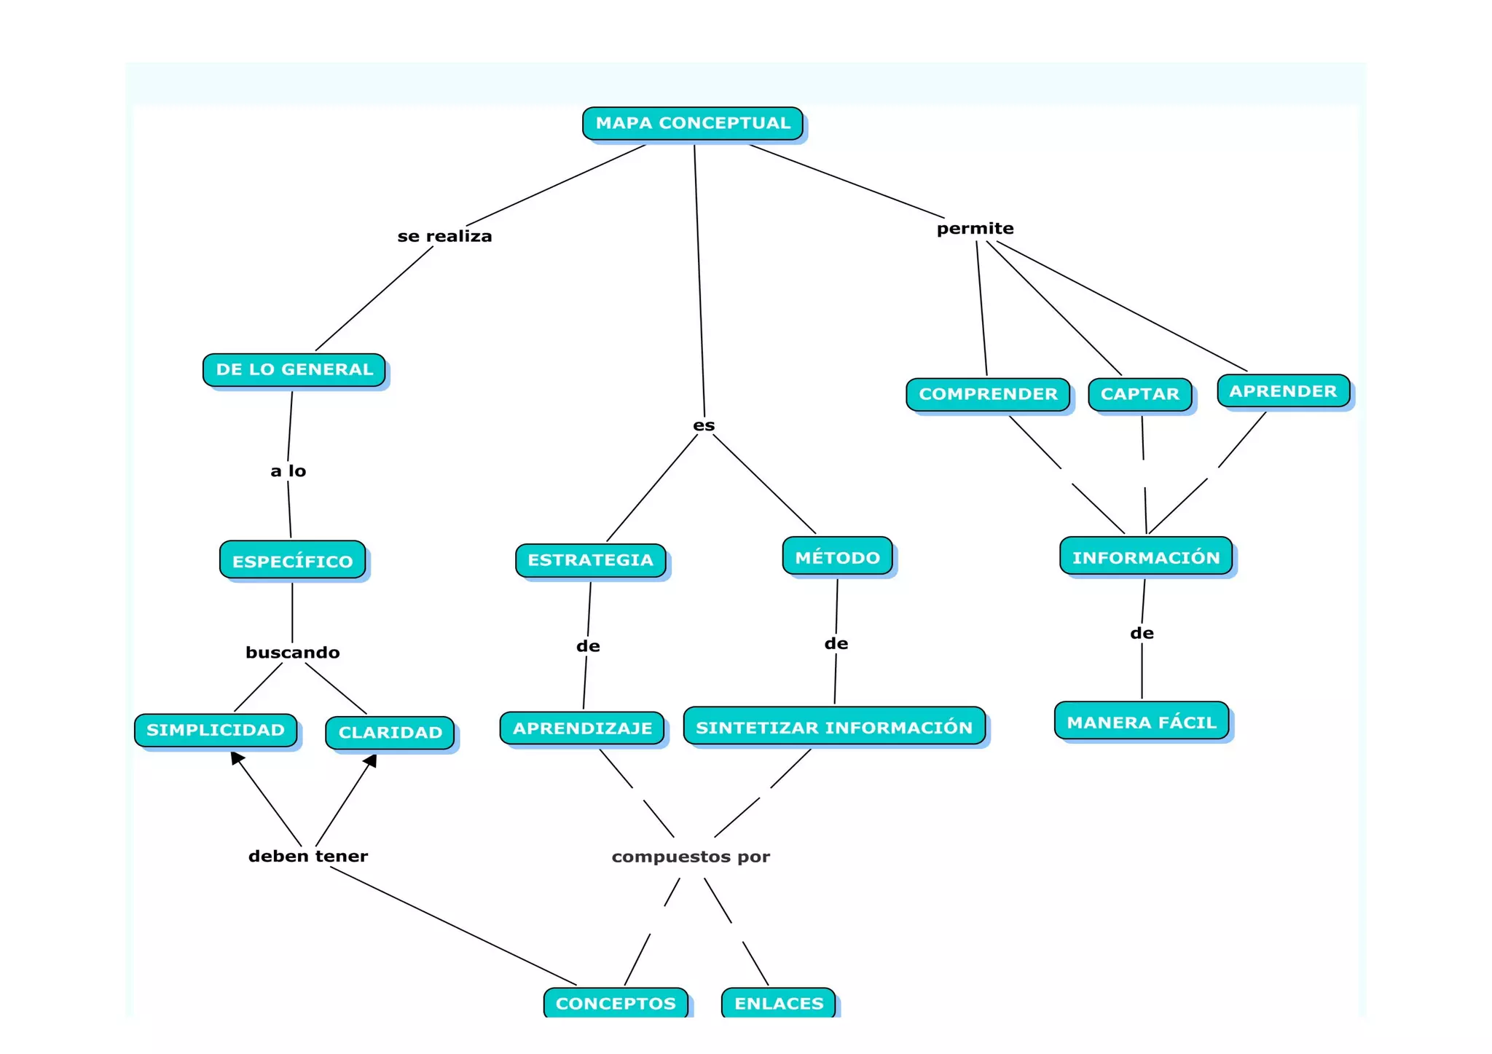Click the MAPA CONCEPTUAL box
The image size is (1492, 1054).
click(x=692, y=123)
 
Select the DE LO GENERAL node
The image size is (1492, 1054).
click(x=294, y=369)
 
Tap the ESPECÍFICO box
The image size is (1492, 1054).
click(x=292, y=560)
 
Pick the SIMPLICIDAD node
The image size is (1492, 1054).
click(x=216, y=730)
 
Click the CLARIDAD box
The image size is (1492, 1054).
click(x=390, y=732)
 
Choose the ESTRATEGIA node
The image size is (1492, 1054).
click(x=590, y=560)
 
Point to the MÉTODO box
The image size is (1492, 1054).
click(x=837, y=557)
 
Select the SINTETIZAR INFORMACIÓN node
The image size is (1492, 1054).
click(x=834, y=726)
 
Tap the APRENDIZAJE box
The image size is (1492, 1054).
click(x=582, y=728)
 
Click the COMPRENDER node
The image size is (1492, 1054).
click(x=988, y=394)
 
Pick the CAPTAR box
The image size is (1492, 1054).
click(x=1139, y=394)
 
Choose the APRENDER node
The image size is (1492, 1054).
click(x=1283, y=391)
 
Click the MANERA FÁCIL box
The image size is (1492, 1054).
click(x=1141, y=721)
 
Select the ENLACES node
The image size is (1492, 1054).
click(x=778, y=1002)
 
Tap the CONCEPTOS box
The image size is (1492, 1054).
click(x=616, y=1002)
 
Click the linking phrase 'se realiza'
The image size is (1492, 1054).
click(x=444, y=236)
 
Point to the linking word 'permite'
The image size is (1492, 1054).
click(x=975, y=229)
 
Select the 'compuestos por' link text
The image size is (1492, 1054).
click(x=691, y=857)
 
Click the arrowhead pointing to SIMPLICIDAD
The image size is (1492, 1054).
click(x=236, y=758)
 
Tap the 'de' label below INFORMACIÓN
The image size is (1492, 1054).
click(x=1142, y=633)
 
